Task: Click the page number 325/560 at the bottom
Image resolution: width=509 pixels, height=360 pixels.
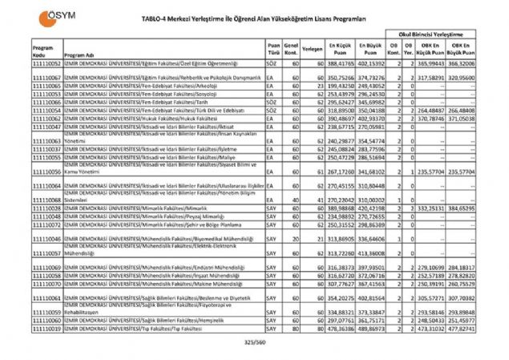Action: pos(254,342)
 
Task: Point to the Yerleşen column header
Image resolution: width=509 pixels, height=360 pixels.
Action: pos(313,50)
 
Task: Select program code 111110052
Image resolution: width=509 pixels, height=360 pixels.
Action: pos(46,62)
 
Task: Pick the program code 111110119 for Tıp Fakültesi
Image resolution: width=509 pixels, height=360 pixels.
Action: pos(46,329)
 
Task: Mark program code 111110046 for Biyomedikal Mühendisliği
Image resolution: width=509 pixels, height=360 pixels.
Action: pos(46,239)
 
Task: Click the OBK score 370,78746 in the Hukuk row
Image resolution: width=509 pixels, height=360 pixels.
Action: pos(431,118)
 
